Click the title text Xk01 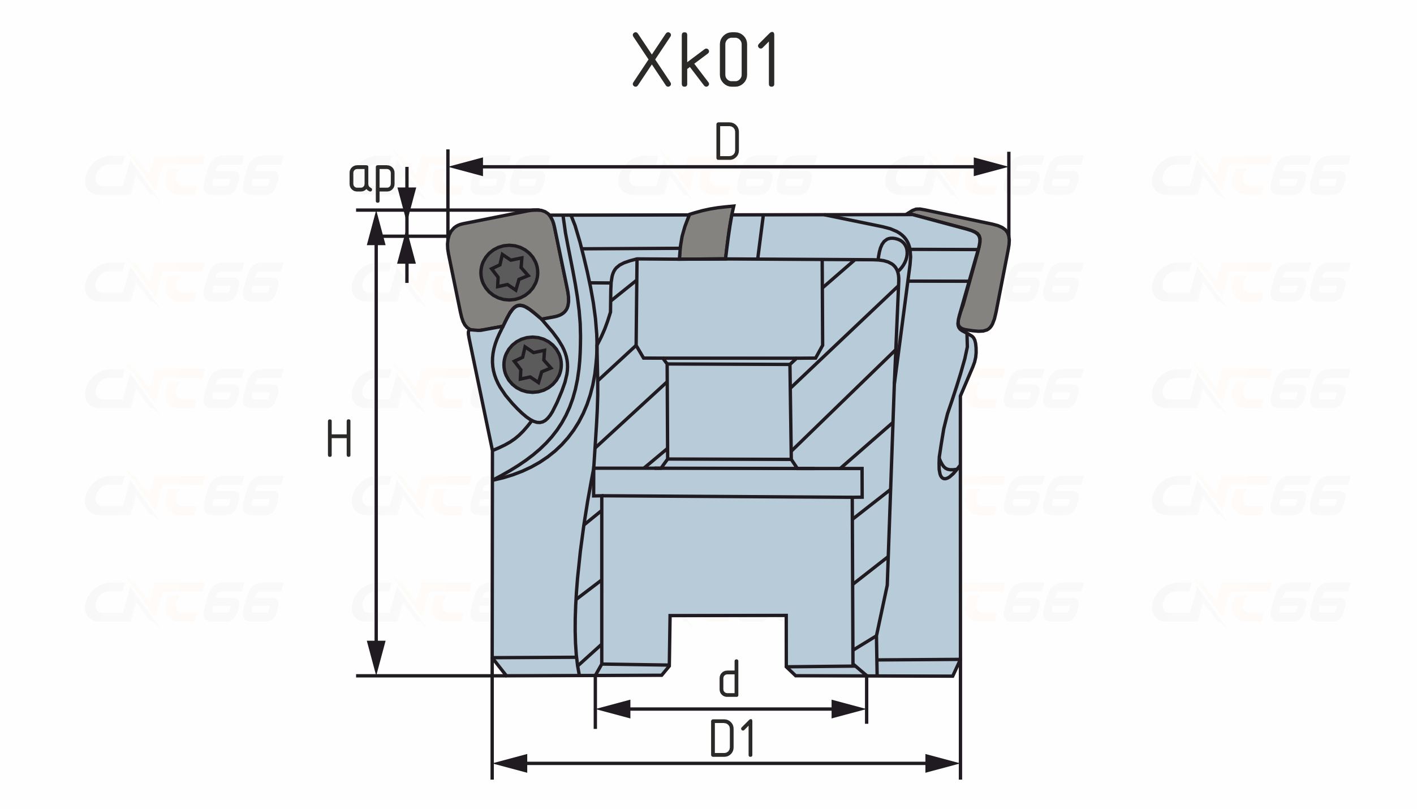tap(704, 59)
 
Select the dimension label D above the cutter tap(727, 141)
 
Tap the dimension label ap tap(371, 178)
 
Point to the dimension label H tap(339, 438)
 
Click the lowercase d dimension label tap(730, 678)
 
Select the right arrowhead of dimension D tap(991, 167)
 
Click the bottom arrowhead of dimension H tap(376, 658)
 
